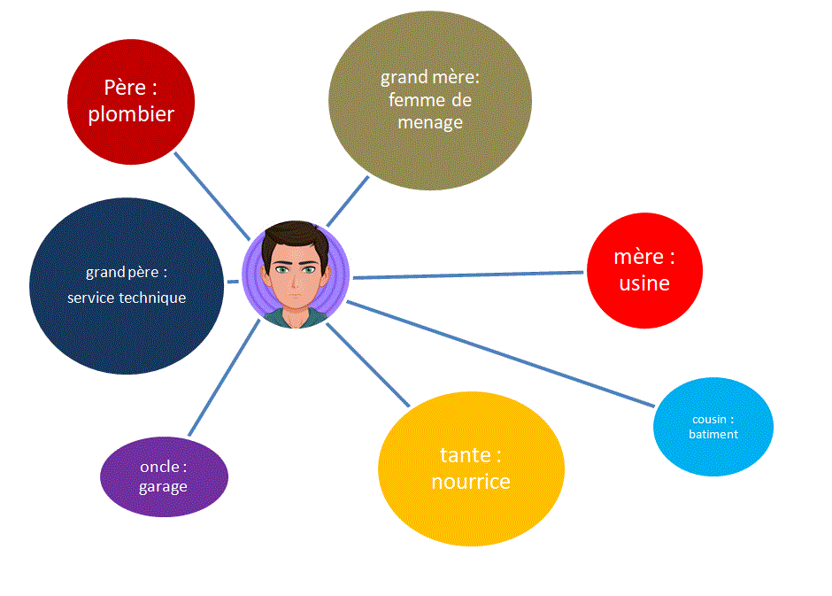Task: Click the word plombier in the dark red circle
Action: pos(131,114)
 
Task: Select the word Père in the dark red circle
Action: pos(124,88)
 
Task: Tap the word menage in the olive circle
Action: pos(430,123)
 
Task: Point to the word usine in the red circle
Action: pos(644,283)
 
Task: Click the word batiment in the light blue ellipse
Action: pos(713,434)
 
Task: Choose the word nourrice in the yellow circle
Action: pos(471,482)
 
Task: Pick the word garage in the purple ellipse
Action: pos(163,486)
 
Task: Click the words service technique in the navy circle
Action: pos(127,298)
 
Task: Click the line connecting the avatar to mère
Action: pos(469,275)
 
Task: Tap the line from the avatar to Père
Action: pos(212,196)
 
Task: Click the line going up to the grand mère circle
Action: pos(348,201)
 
